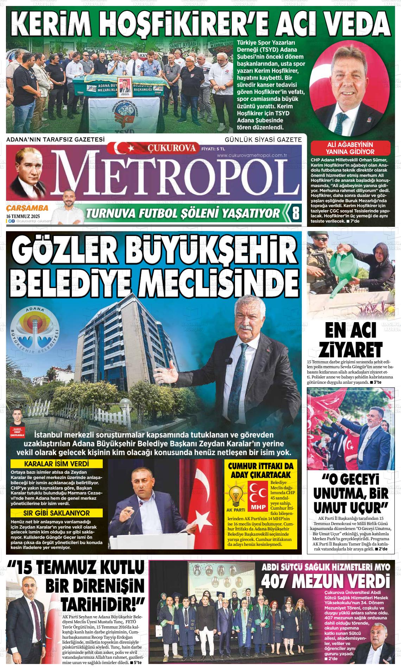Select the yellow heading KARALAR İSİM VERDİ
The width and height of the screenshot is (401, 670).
coord(56,464)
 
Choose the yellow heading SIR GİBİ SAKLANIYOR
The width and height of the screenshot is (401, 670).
coord(56,513)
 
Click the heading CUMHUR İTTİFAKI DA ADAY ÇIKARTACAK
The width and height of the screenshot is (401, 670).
coord(261,470)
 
